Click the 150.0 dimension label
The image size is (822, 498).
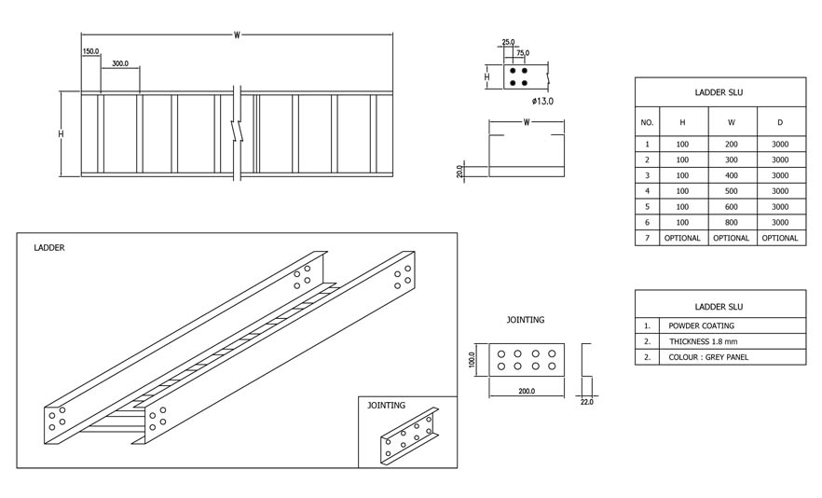pos(90,51)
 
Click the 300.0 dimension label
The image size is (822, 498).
pos(120,63)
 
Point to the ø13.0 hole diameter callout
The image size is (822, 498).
pos(542,101)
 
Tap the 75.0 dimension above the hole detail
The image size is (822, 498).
pos(523,54)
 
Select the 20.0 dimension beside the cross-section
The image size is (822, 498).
pos(460,172)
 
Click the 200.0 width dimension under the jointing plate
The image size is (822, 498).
pos(526,391)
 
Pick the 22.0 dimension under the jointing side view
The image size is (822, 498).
pos(586,401)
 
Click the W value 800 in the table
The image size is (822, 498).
pos(731,222)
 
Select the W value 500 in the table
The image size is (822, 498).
pos(731,191)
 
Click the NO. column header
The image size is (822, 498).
pos(647,122)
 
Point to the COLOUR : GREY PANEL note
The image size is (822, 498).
pos(707,357)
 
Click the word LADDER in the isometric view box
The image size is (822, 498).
pos(49,248)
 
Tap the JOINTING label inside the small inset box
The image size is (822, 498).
pos(386,406)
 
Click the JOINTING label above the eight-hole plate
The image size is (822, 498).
pos(526,320)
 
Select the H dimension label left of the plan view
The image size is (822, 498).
pos(62,133)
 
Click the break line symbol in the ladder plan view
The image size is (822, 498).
pos(238,131)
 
